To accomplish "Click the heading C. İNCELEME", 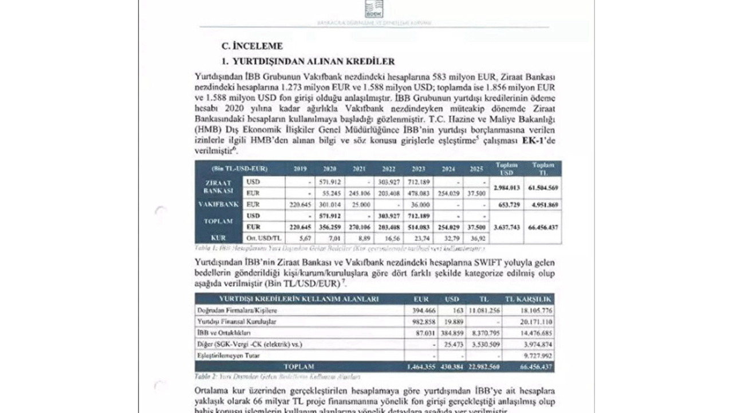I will pyautogui.click(x=252, y=46).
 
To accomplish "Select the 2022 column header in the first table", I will pyautogui.click(x=389, y=169).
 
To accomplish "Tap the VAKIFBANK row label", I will pyautogui.click(x=218, y=204).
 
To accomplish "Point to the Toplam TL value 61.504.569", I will pyautogui.click(x=543, y=188).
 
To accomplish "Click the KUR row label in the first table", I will pyautogui.click(x=218, y=237).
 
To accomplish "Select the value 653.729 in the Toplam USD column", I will pyautogui.click(x=506, y=204).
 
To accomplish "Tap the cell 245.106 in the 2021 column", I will pyautogui.click(x=359, y=193).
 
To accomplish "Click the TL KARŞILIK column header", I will pyautogui.click(x=527, y=299).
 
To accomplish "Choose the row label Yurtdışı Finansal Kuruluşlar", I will pyautogui.click(x=237, y=321).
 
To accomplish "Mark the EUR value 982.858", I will pyautogui.click(x=421, y=321).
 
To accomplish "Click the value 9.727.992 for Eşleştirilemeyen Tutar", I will pyautogui.click(x=536, y=355).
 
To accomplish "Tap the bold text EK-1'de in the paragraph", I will pyautogui.click(x=539, y=142).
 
